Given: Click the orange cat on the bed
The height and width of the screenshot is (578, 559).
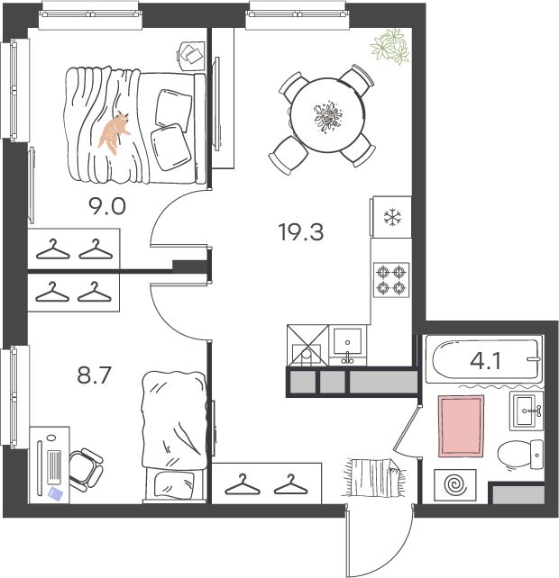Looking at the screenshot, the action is coord(114,132).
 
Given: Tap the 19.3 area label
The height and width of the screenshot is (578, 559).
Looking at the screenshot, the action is coord(302,232).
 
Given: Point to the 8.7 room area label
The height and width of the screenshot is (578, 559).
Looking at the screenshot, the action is coord(94,375).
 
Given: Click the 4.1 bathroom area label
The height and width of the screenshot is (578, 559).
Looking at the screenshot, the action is coord(486,361).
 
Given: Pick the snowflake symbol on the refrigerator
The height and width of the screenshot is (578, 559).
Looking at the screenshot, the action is coord(392,217).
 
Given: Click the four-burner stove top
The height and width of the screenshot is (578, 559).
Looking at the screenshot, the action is coord(391,280).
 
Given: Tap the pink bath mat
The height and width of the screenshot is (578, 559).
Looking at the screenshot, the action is coord(461,426).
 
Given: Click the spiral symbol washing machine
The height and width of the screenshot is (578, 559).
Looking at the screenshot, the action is coord(455,485).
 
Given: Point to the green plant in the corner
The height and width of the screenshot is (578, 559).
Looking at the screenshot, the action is coord(390,47).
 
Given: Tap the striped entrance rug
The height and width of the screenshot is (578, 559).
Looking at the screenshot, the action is coord(375,478).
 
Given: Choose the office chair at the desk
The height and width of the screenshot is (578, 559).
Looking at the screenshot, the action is coord(86,470).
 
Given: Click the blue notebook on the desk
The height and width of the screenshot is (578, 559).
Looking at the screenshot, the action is coord(55,493).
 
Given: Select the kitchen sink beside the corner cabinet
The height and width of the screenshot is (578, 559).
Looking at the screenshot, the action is coord(347,345).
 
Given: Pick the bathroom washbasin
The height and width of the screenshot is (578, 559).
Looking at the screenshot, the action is coord(527,411).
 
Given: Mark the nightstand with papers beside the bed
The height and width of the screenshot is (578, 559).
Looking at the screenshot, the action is coord(191,55).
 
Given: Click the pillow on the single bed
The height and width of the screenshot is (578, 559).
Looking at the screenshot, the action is coord(174,483).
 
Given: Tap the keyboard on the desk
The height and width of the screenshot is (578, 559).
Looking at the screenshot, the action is coord(55,466).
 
